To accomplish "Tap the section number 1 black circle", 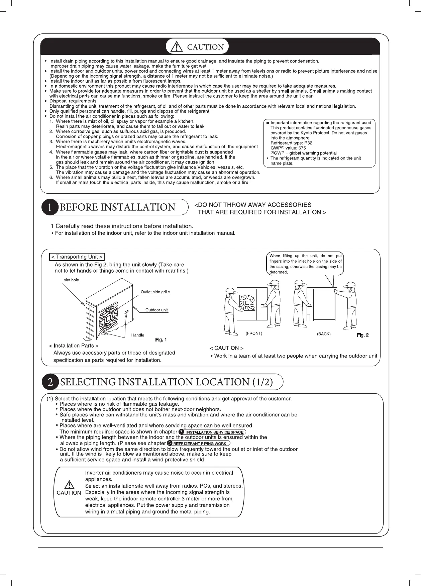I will tap(49, 207).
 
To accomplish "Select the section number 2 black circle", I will tap(50, 382).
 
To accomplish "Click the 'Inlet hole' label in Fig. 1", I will tap(71, 280).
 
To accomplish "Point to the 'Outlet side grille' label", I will tap(155, 292).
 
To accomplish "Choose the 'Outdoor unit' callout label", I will tap(156, 310).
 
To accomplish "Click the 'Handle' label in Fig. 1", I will tap(138, 335).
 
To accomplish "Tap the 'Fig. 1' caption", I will tap(161, 340).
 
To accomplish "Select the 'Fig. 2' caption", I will tap(363, 335).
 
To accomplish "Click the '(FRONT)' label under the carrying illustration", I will tap(254, 333).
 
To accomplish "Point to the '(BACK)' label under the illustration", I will tap(323, 334).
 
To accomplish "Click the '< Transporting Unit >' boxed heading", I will tap(77, 257).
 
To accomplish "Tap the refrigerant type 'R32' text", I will tap(308, 143).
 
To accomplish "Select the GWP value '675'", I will tap(302, 148).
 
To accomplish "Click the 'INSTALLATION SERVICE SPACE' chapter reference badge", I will tap(215, 432).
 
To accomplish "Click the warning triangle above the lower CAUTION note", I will tap(69, 485).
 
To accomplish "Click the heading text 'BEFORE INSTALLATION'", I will tap(117, 207).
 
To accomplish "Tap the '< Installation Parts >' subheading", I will tap(74, 346).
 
